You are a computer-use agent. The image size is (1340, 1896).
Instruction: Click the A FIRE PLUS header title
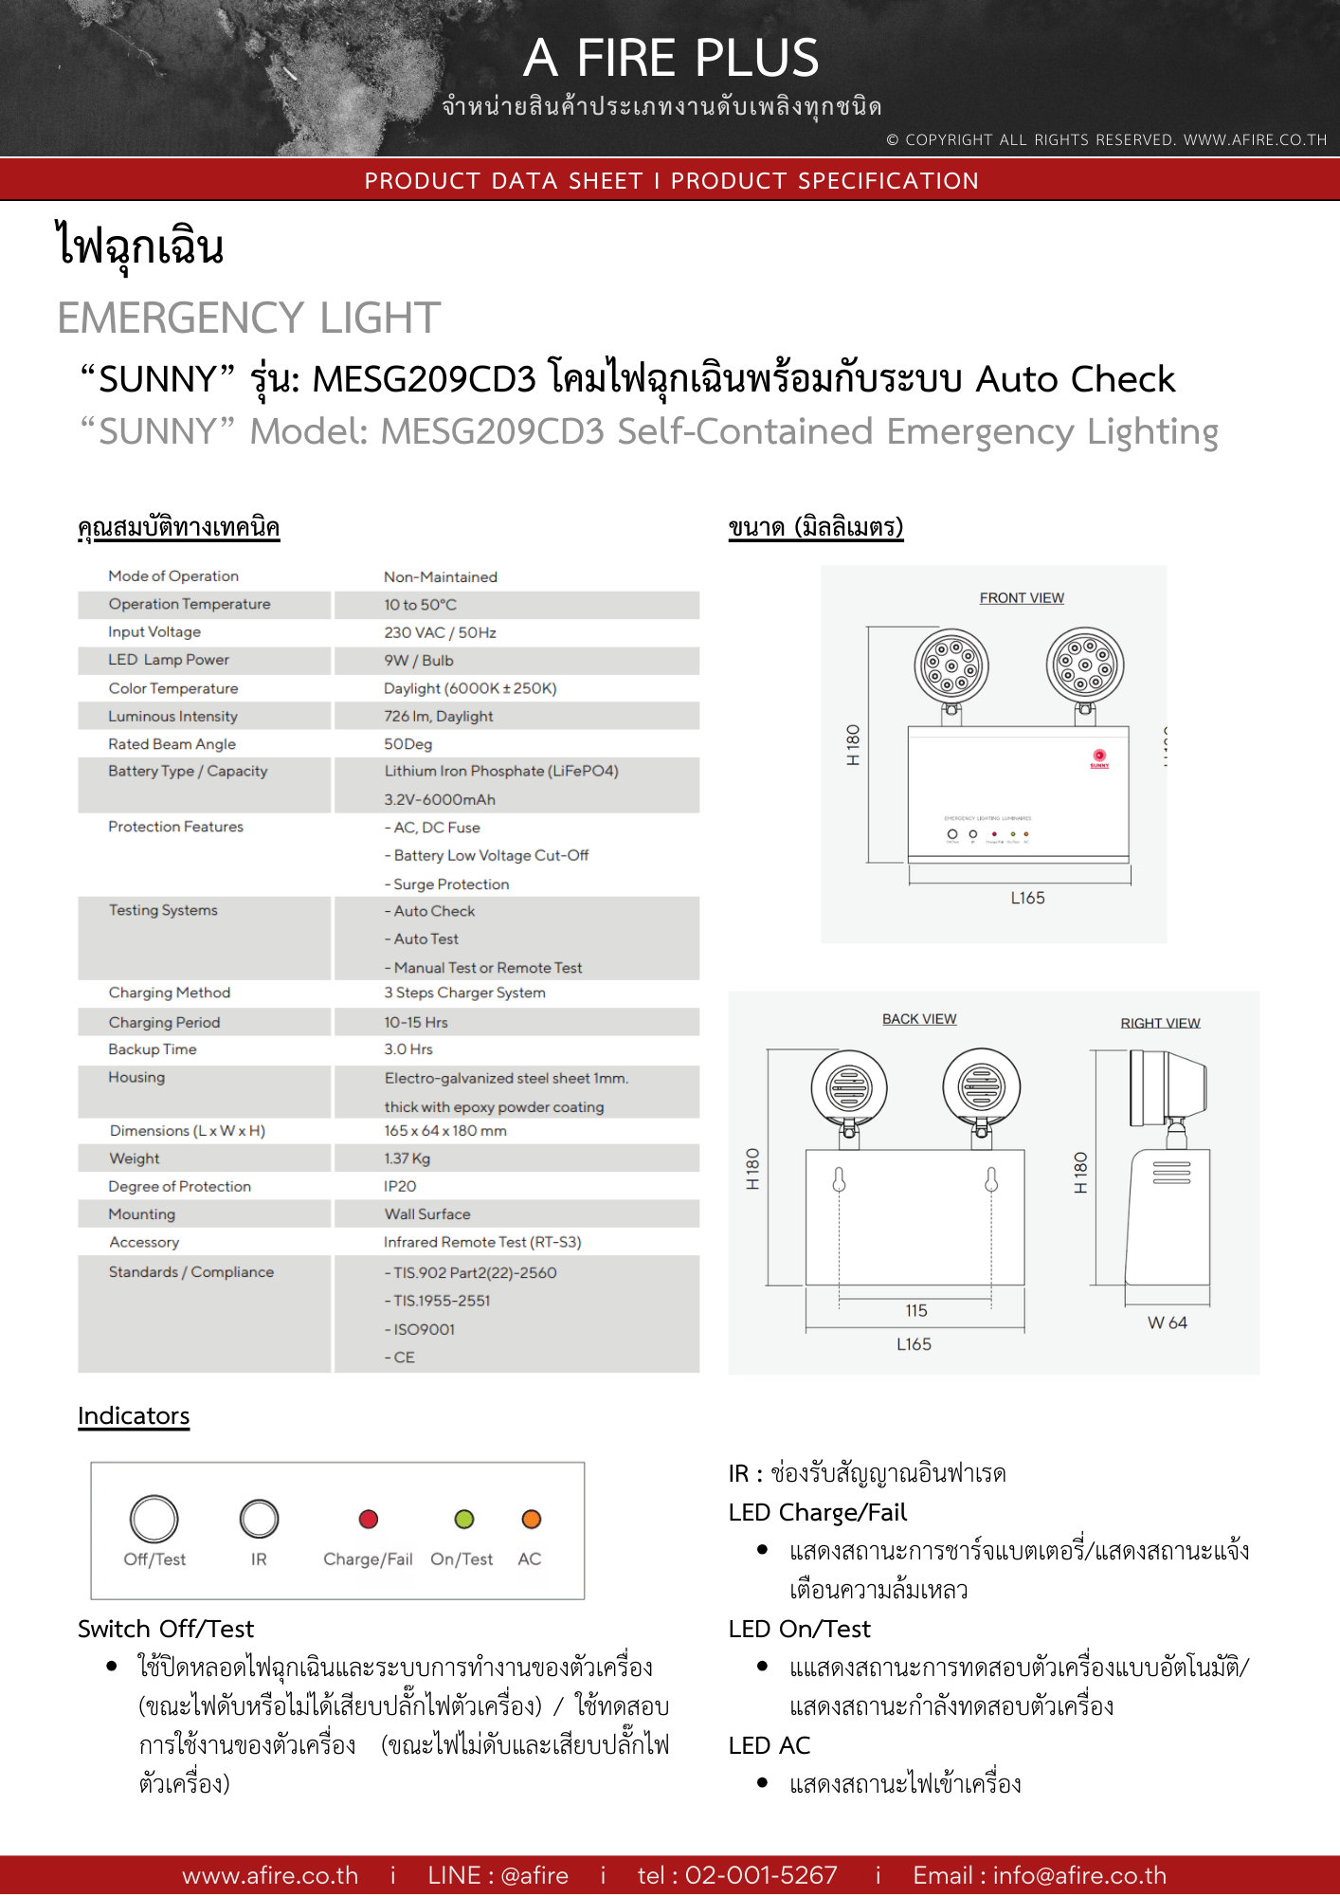[671, 58]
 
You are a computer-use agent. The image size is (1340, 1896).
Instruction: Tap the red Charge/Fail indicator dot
[369, 1520]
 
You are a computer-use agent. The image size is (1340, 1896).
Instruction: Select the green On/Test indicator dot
[463, 1520]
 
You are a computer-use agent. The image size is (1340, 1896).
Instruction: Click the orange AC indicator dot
[531, 1520]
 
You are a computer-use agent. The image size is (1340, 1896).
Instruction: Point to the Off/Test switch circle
[154, 1519]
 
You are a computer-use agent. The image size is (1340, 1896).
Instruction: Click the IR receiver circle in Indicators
[259, 1519]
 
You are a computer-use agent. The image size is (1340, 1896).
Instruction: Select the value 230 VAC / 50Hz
[440, 632]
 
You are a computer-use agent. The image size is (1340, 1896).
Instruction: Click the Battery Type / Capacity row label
[188, 771]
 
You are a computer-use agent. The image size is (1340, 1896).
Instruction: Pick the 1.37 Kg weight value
[407, 1158]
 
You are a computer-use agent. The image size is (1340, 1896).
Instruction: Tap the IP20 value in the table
[400, 1186]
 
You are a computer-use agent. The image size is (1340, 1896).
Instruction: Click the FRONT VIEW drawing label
[1022, 598]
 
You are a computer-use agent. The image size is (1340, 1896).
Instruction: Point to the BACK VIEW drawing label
[919, 1019]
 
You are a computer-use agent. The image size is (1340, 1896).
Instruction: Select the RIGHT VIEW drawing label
[1160, 1023]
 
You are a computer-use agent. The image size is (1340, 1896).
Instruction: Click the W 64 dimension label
[1167, 1322]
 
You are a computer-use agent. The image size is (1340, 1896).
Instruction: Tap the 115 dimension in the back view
[915, 1310]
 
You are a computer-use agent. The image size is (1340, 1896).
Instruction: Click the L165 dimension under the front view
[1027, 898]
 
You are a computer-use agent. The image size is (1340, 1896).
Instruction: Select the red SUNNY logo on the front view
[1099, 758]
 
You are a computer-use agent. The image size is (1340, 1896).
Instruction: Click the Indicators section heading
[134, 1415]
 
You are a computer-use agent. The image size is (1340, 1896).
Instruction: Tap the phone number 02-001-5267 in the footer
[761, 1875]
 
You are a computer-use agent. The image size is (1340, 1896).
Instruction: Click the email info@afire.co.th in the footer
[1079, 1875]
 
